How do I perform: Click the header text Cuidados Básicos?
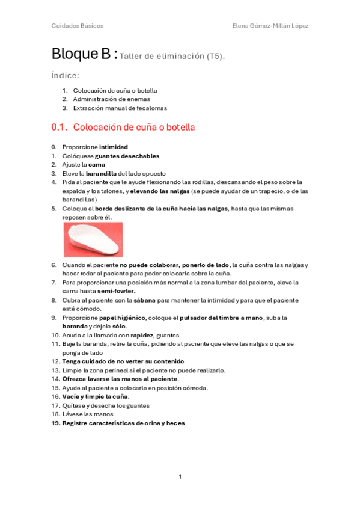[77, 26]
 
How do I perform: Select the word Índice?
[66, 76]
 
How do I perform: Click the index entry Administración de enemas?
[112, 99]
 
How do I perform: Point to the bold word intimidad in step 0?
[114, 147]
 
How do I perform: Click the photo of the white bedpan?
[93, 239]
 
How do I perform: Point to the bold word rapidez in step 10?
[142, 335]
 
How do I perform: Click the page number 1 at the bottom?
[180, 476]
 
